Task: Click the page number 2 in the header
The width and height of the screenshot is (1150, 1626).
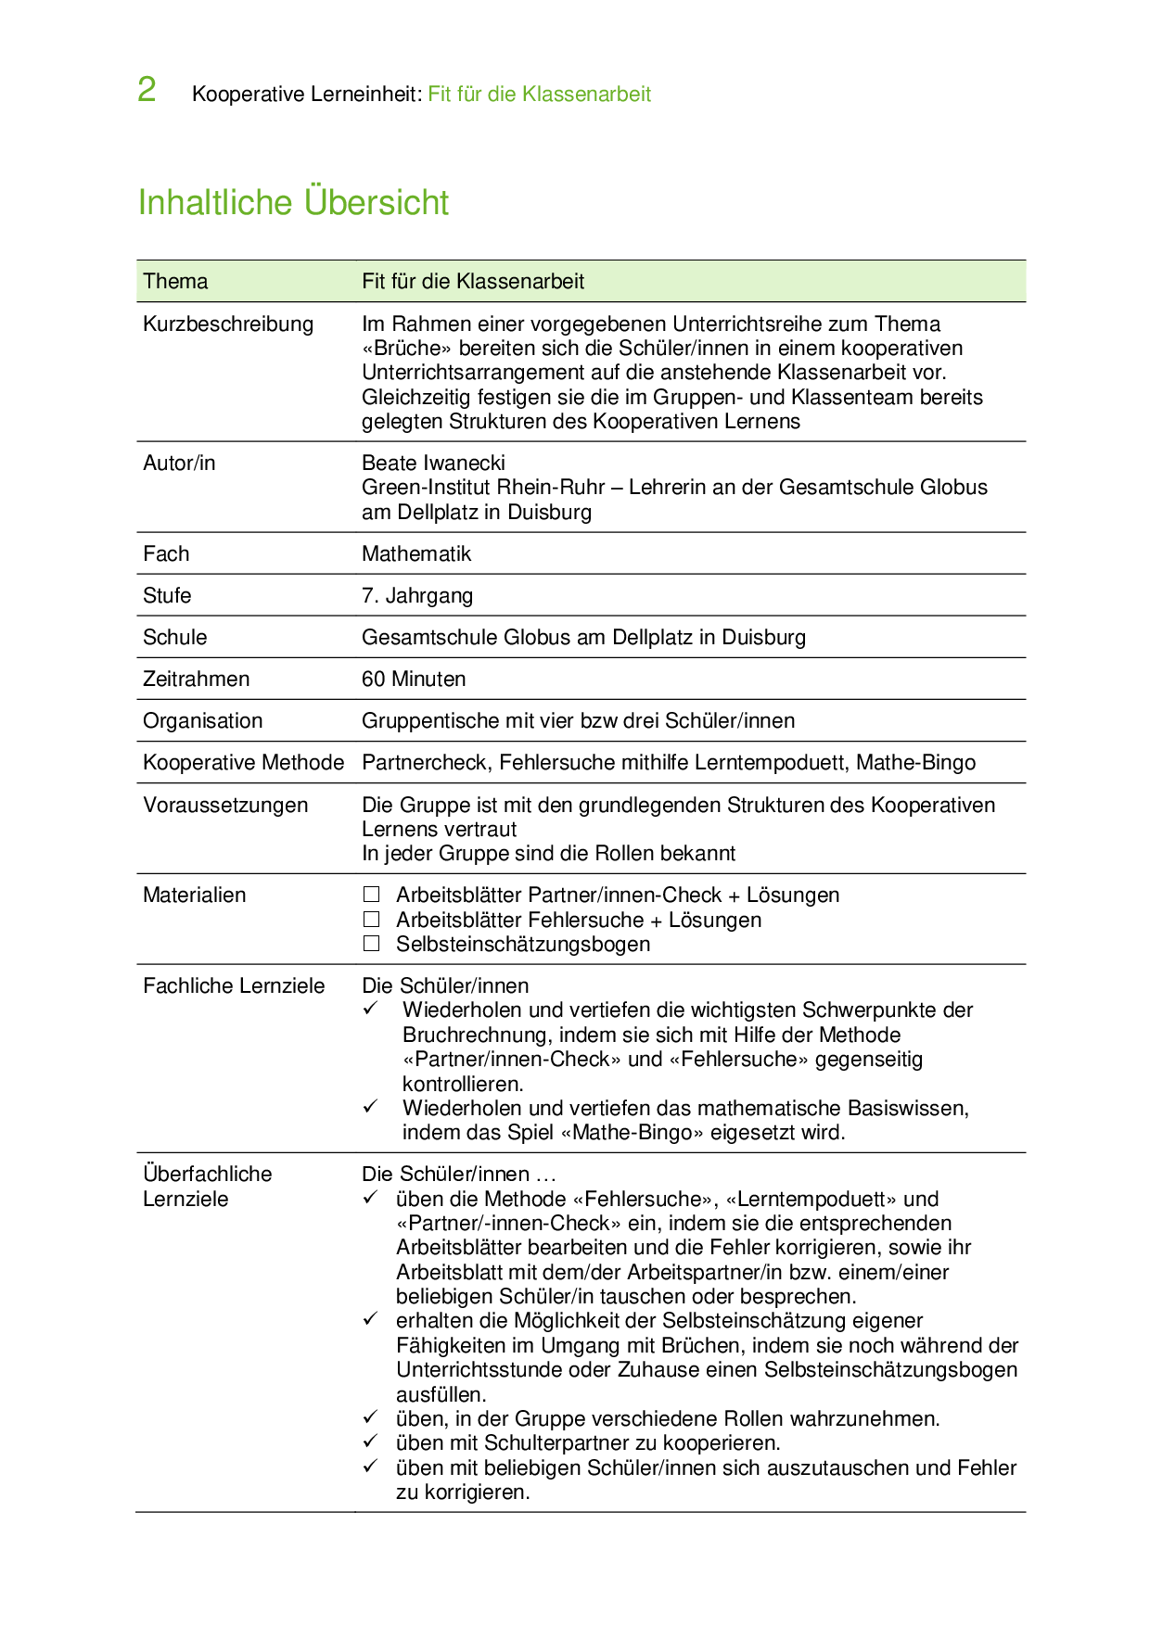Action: (x=147, y=90)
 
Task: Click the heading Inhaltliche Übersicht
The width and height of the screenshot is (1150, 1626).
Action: (x=293, y=202)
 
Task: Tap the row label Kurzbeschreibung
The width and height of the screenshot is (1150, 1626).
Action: (x=228, y=324)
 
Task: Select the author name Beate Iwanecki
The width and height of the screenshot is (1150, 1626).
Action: (x=433, y=463)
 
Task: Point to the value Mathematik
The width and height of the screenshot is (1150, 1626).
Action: (x=416, y=553)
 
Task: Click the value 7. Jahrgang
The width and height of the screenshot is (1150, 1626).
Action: (x=417, y=595)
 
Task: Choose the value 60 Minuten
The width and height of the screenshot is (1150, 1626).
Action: (x=414, y=679)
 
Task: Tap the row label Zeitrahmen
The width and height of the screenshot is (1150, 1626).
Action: (x=196, y=679)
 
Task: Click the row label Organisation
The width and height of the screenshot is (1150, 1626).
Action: (x=202, y=720)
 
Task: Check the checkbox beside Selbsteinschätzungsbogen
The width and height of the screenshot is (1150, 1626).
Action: (x=372, y=944)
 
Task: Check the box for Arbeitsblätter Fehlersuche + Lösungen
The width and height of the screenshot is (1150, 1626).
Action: (x=372, y=920)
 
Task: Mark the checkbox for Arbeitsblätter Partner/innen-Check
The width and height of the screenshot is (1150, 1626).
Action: (x=372, y=895)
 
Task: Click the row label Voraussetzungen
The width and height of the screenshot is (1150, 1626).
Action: (x=225, y=805)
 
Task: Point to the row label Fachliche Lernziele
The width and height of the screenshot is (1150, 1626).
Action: (x=234, y=985)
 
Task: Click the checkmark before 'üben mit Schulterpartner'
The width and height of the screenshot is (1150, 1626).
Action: (x=370, y=1442)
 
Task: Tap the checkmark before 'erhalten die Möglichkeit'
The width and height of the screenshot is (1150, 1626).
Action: (x=370, y=1319)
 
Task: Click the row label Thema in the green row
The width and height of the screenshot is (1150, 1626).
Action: (x=175, y=281)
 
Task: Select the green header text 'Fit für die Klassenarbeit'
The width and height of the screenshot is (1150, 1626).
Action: (x=539, y=94)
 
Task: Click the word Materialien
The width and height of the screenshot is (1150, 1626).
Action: (x=195, y=895)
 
